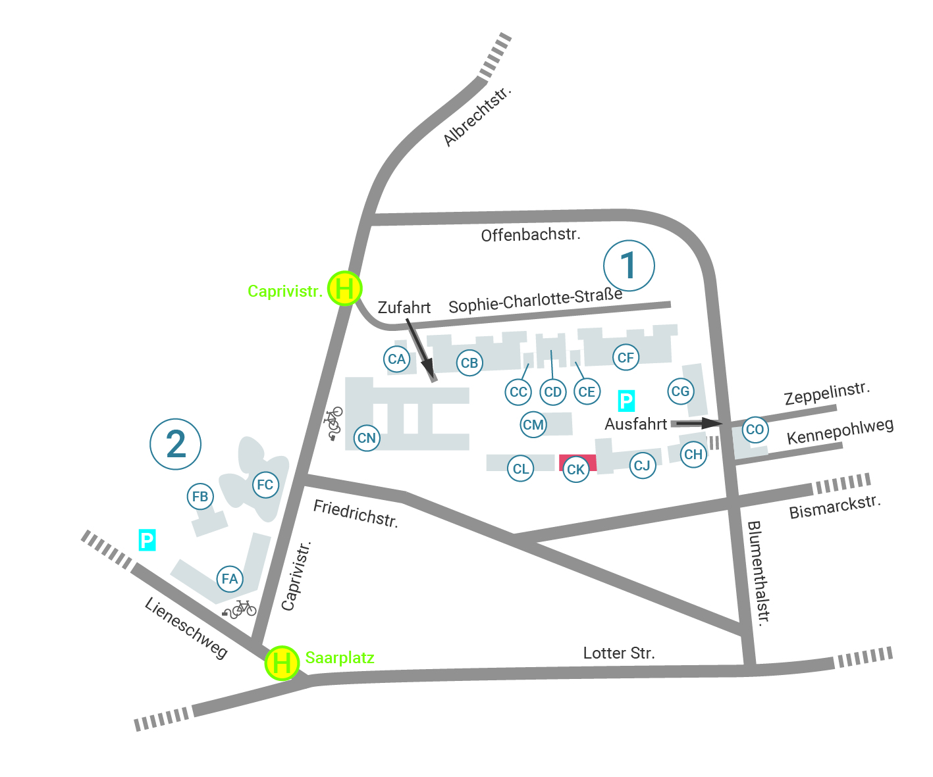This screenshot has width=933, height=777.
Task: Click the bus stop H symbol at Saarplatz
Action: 282,663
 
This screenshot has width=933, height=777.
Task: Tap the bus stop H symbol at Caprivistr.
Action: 344,288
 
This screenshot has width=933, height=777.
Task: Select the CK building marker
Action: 575,469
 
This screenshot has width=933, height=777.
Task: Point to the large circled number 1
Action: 629,266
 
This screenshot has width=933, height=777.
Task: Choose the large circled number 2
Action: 176,444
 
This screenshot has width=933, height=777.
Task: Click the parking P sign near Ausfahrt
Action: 626,401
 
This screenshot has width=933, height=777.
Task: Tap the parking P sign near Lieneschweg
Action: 147,540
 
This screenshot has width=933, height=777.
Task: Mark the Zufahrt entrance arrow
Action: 420,350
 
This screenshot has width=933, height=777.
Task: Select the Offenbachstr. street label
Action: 531,235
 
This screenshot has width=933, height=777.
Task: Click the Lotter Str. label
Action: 619,653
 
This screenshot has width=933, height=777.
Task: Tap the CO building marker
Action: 755,430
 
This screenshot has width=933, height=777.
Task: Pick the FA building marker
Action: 230,579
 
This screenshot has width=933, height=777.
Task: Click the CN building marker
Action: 367,438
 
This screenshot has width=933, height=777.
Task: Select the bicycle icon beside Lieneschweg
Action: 240,609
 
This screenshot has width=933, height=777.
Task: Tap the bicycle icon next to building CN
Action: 333,423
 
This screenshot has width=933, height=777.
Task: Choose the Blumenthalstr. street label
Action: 759,573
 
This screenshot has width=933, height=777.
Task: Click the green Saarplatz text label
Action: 340,658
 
